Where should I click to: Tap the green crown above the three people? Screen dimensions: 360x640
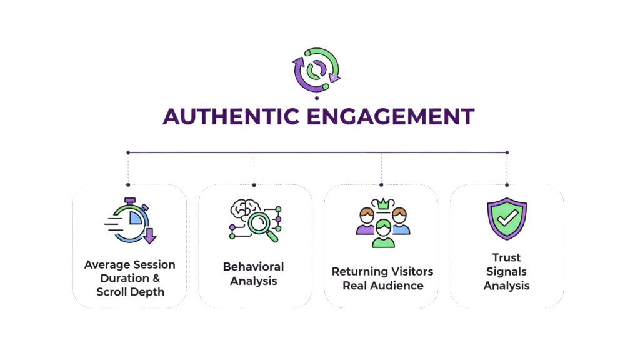(381, 204)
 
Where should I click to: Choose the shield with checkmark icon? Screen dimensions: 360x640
(506, 219)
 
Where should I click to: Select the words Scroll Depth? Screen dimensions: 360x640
(130, 292)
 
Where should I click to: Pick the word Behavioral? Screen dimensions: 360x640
(254, 267)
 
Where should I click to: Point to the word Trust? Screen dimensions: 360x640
(506, 257)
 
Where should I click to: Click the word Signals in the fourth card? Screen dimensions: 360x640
(506, 272)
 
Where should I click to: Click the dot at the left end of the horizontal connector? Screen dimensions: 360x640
(128, 152)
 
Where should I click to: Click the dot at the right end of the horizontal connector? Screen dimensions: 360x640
(507, 152)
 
